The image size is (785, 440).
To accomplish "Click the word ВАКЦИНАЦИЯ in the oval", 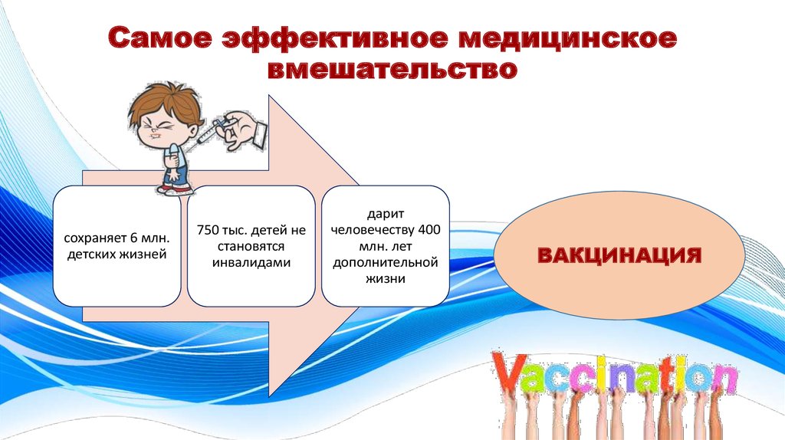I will (x=619, y=254).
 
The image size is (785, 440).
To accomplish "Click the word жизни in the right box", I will (x=385, y=280).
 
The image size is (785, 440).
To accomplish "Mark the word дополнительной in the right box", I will (x=385, y=264).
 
